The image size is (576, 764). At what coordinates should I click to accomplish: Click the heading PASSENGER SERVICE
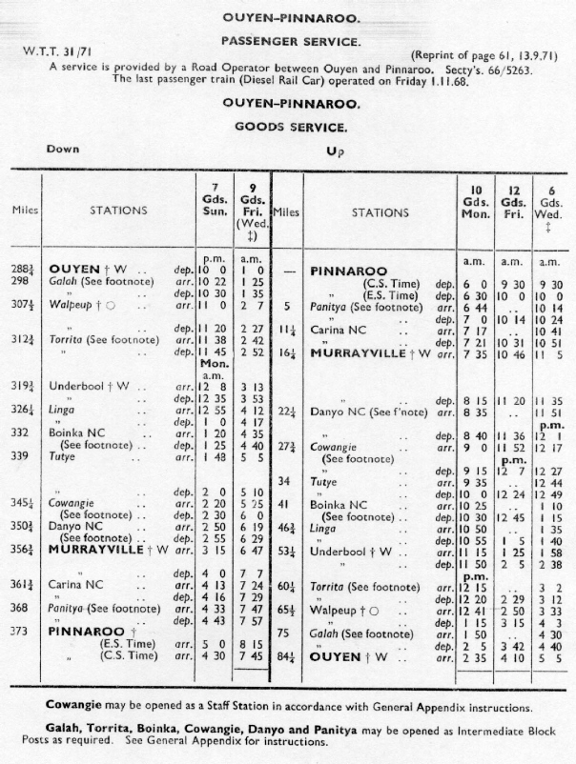click(x=290, y=42)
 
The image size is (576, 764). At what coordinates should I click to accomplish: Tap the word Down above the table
click(x=63, y=150)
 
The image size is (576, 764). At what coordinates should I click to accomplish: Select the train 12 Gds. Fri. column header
click(x=512, y=201)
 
